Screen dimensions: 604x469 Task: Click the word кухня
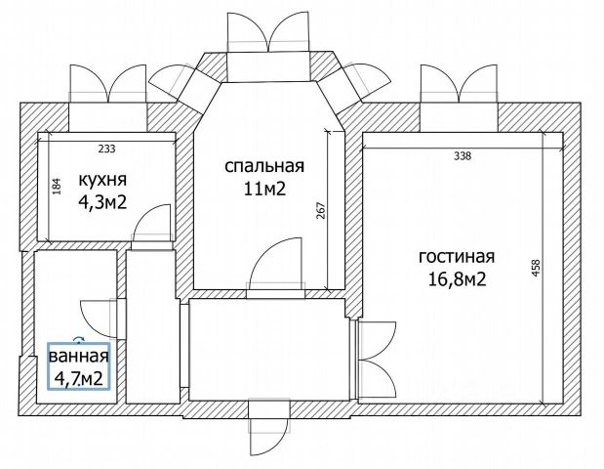(x=102, y=181)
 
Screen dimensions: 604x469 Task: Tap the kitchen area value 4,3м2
(x=102, y=205)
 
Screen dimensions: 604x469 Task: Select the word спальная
(x=264, y=165)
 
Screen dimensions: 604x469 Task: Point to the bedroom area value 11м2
(x=264, y=189)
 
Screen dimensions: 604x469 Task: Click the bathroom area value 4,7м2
(x=80, y=376)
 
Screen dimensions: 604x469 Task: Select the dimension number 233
(x=107, y=149)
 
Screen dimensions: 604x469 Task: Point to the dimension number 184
(x=57, y=188)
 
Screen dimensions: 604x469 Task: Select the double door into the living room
(x=374, y=356)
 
